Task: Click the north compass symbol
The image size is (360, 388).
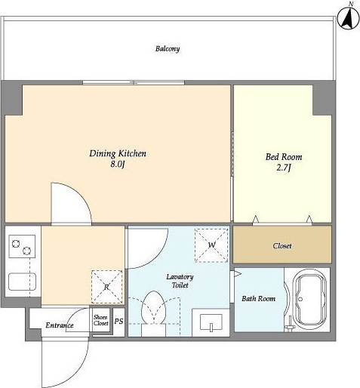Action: [348, 18]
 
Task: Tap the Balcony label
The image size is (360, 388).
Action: [168, 48]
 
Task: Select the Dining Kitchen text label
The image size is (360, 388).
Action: [118, 153]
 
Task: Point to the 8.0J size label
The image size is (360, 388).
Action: [118, 165]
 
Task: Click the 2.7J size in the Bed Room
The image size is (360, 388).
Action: [284, 168]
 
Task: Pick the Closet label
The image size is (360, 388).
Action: [282, 246]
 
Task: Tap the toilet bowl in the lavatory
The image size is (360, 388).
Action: [153, 308]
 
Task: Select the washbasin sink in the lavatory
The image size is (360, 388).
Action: [211, 322]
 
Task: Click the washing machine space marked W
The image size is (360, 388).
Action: [211, 245]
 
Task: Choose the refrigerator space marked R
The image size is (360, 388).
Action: [106, 287]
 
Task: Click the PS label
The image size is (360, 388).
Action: [119, 321]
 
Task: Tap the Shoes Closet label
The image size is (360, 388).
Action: [100, 320]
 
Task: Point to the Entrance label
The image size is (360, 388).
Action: [60, 325]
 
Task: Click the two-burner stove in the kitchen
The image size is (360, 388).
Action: [22, 246]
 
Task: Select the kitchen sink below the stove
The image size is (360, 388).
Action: [22, 282]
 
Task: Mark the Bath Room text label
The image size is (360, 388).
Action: [258, 299]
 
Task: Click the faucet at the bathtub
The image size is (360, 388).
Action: [290, 325]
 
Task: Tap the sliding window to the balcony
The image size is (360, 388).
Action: [134, 82]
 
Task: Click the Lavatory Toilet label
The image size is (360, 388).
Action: [180, 281]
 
